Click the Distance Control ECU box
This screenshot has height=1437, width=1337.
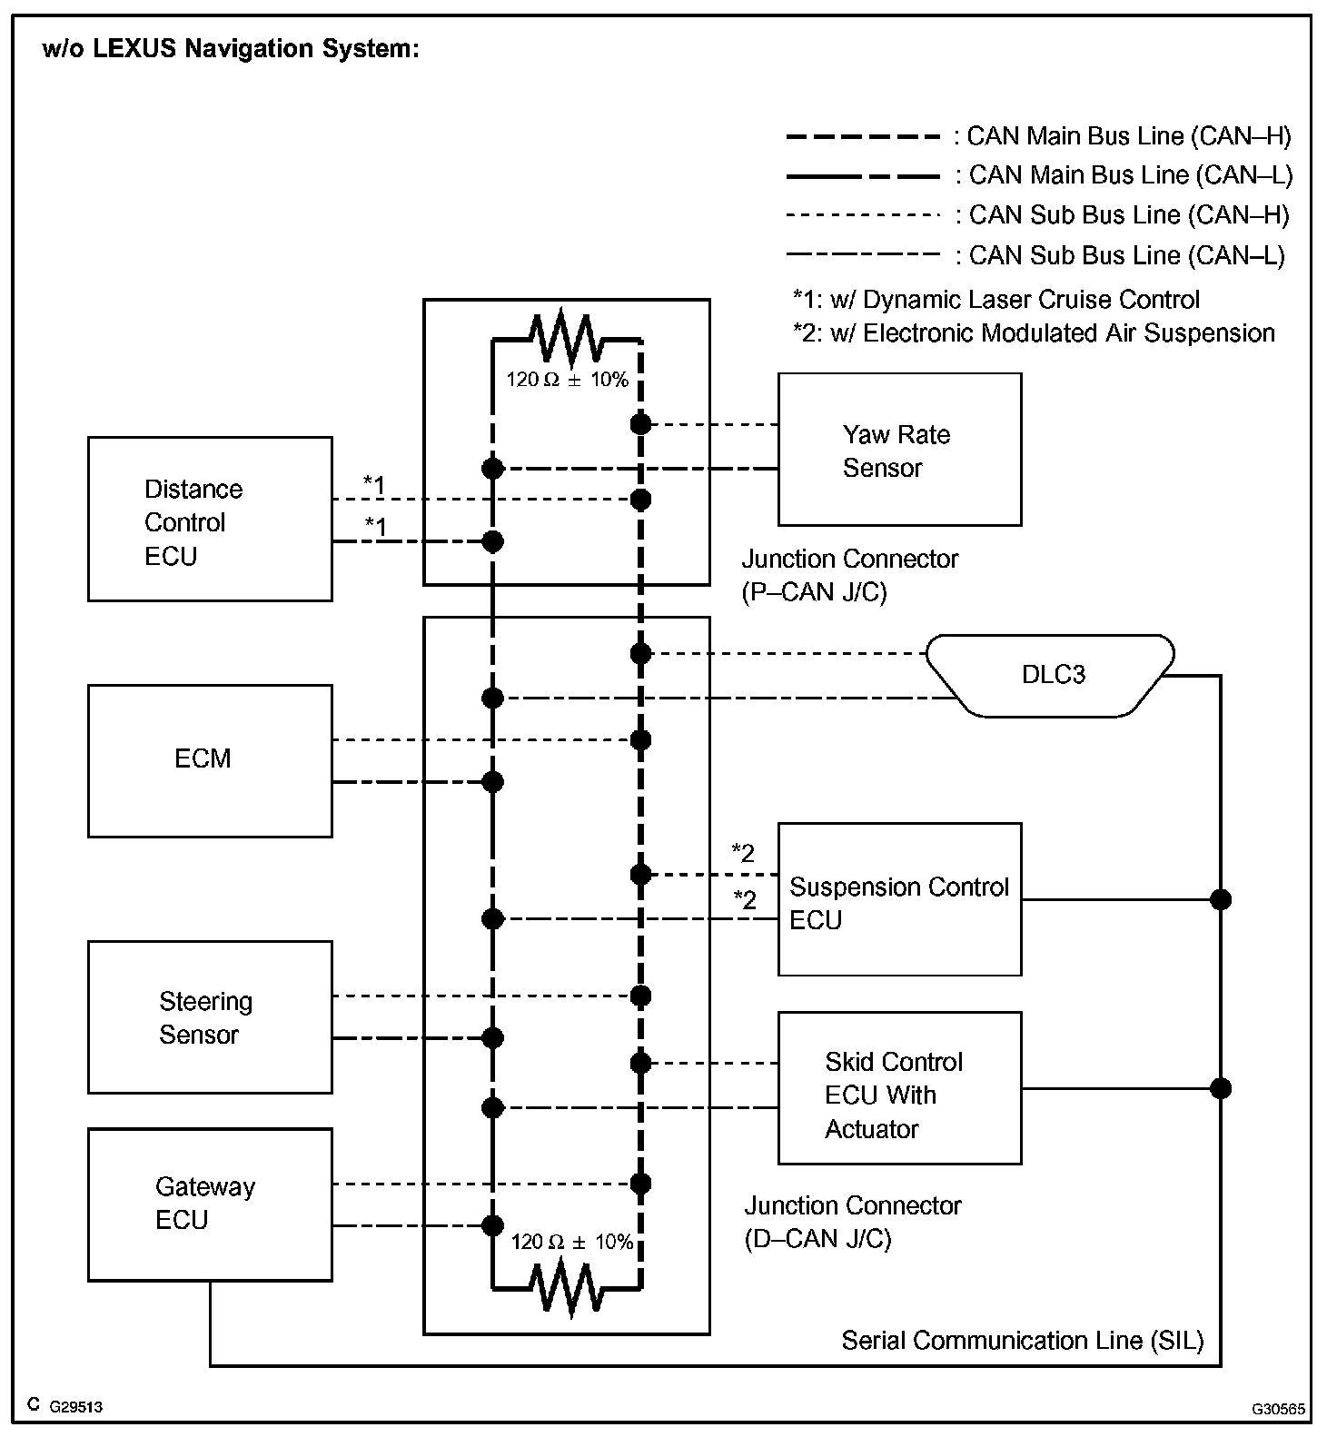tap(210, 519)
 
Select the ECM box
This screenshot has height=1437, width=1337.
tap(210, 760)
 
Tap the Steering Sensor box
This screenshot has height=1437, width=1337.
tap(210, 1016)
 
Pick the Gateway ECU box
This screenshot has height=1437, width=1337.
tap(210, 1204)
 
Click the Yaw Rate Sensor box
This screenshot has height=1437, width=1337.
tap(899, 450)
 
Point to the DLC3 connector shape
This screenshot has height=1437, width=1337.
tap(1052, 675)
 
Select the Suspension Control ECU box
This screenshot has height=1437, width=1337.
tap(899, 899)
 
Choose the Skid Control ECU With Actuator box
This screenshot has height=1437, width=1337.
tap(899, 1087)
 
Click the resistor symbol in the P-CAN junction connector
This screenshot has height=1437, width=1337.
tap(567, 339)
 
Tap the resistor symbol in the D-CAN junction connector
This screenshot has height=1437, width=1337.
tap(567, 1288)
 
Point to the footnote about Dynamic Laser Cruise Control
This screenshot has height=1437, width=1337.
tap(995, 300)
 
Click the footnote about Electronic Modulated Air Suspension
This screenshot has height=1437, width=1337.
tap(1033, 333)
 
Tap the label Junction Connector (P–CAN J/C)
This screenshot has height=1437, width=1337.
tap(849, 575)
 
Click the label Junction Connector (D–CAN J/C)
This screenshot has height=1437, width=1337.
tap(852, 1222)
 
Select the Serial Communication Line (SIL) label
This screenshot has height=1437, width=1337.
tap(1022, 1340)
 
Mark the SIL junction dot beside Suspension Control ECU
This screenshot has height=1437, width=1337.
tap(1221, 899)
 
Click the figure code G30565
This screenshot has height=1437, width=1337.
tap(1278, 1409)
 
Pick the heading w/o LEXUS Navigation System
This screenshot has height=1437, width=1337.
tap(231, 49)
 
